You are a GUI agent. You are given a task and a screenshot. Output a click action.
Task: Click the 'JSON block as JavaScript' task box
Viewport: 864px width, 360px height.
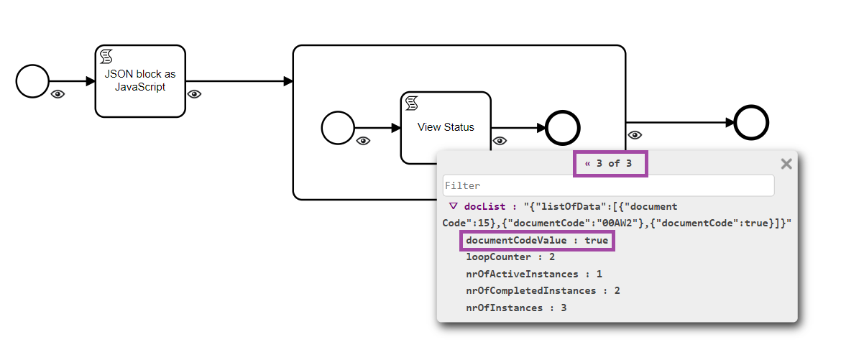pyautogui.click(x=140, y=81)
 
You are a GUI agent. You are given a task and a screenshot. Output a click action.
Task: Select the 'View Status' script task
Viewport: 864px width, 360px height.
pyautogui.click(x=446, y=127)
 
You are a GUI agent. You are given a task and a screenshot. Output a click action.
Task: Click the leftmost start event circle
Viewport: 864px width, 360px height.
pyautogui.click(x=32, y=81)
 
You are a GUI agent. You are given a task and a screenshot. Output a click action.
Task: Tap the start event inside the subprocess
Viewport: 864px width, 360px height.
pyautogui.click(x=338, y=129)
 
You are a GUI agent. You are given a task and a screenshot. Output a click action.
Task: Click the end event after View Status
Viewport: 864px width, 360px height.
pyautogui.click(x=563, y=129)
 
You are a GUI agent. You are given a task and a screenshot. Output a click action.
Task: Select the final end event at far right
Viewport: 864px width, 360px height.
pyautogui.click(x=751, y=122)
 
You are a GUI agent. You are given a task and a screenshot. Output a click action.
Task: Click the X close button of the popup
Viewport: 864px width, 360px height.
pyautogui.click(x=786, y=164)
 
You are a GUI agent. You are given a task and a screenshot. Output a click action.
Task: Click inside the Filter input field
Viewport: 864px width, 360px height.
pyautogui.click(x=608, y=185)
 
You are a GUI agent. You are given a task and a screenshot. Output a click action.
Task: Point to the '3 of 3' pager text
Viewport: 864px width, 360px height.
pyautogui.click(x=614, y=164)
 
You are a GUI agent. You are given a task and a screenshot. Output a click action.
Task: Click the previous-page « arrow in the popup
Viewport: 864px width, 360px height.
pyautogui.click(x=587, y=164)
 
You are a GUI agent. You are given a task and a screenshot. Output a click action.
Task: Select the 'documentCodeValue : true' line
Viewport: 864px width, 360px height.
pyautogui.click(x=536, y=240)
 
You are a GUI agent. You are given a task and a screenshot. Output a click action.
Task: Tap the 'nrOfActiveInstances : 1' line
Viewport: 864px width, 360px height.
pyautogui.click(x=534, y=274)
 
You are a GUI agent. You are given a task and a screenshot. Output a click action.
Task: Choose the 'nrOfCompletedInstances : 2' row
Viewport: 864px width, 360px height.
pyautogui.click(x=543, y=290)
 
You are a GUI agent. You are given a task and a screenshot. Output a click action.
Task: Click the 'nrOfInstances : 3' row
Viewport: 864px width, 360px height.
pyautogui.click(x=516, y=308)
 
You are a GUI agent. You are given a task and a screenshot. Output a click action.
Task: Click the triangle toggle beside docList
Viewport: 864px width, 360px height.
pyautogui.click(x=453, y=206)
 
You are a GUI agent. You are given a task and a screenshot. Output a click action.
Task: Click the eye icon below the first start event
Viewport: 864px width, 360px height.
pyautogui.click(x=58, y=94)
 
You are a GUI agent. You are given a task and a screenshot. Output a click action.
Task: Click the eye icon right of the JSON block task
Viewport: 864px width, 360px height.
pyautogui.click(x=194, y=94)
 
